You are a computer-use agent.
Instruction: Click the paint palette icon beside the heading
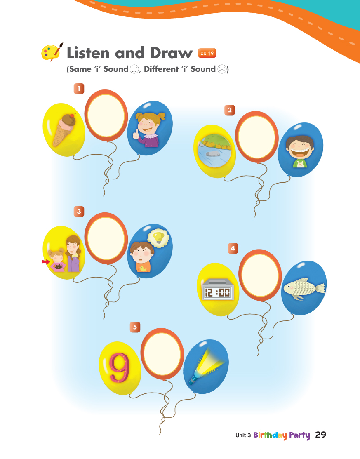tap(52, 52)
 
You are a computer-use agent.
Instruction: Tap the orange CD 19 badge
tap(207, 53)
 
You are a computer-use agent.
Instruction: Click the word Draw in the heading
tap(171, 53)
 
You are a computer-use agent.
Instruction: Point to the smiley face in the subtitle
tap(134, 69)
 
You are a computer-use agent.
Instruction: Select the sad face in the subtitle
tap(222, 69)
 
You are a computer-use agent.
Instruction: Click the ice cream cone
tap(64, 129)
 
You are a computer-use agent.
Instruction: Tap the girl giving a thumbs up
tap(149, 129)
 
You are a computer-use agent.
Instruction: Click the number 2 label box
tap(229, 111)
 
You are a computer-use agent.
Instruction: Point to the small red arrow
tap(46, 262)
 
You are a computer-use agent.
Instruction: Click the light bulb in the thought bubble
tap(158, 238)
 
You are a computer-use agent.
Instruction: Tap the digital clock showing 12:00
tap(217, 290)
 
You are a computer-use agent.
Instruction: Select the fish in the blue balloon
tap(304, 288)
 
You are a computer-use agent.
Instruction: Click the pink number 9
tap(119, 368)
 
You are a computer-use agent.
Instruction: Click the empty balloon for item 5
tap(162, 354)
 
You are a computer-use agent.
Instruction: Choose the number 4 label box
tap(233, 249)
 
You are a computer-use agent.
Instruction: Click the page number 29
tap(321, 435)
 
